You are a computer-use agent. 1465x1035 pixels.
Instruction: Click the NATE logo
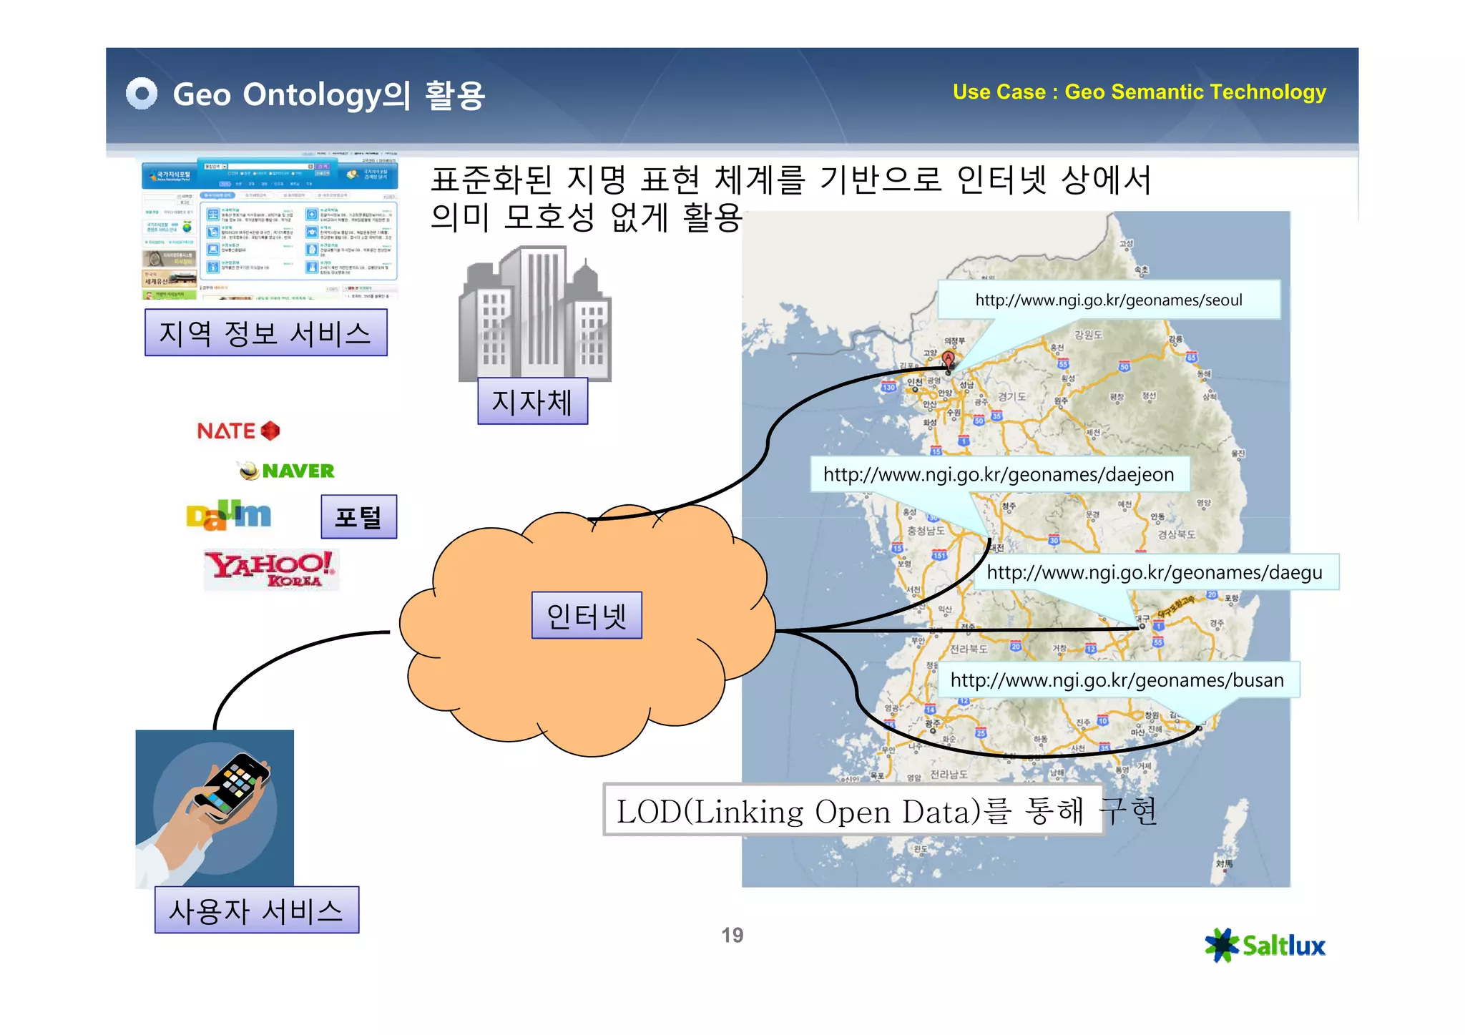pyautogui.click(x=237, y=431)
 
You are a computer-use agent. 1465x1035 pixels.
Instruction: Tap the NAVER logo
pyautogui.click(x=287, y=471)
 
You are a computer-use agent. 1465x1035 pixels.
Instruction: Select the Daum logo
pyautogui.click(x=228, y=515)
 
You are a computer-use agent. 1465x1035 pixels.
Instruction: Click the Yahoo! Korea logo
pyautogui.click(x=270, y=569)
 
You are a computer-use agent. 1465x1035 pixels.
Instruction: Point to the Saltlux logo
pyautogui.click(x=1265, y=945)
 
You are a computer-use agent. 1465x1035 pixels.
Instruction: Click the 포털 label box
pyautogui.click(x=358, y=516)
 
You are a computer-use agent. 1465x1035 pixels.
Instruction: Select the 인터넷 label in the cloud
pyautogui.click(x=587, y=615)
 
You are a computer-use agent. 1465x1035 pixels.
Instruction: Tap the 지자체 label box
pyautogui.click(x=532, y=401)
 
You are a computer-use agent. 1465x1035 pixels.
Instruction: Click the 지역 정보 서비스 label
pyautogui.click(x=265, y=333)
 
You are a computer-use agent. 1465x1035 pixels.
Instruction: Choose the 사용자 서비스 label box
pyautogui.click(x=256, y=910)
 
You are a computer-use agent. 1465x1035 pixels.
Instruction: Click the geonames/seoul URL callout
pyautogui.click(x=1108, y=300)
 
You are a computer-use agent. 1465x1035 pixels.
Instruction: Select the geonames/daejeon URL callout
pyautogui.click(x=999, y=474)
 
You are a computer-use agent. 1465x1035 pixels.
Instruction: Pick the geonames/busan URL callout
pyautogui.click(x=1117, y=680)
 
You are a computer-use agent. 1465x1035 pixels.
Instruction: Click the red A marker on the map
pyautogui.click(x=949, y=358)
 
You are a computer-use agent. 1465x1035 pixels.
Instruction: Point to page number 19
pyautogui.click(x=732, y=935)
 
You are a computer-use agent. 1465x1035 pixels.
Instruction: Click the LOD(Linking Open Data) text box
pyautogui.click(x=851, y=810)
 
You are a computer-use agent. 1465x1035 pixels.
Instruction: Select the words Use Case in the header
pyautogui.click(x=999, y=92)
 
